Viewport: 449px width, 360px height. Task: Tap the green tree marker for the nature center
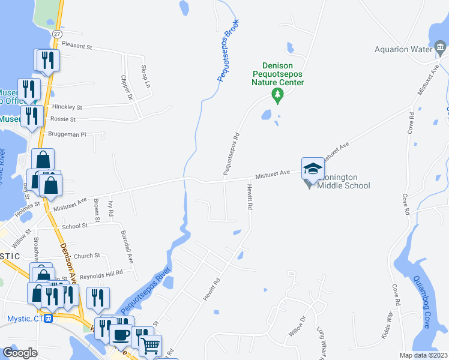(277, 94)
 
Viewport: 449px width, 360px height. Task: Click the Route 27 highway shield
(57, 34)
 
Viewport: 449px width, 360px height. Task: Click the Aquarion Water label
(403, 50)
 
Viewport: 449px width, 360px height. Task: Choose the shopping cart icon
(150, 345)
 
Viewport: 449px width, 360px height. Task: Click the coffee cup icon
(120, 333)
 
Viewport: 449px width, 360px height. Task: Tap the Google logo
(20, 353)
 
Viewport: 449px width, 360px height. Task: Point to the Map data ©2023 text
(424, 355)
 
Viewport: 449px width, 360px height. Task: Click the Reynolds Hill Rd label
(101, 273)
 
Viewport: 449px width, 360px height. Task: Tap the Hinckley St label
(67, 107)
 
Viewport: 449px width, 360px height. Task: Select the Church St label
(87, 256)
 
